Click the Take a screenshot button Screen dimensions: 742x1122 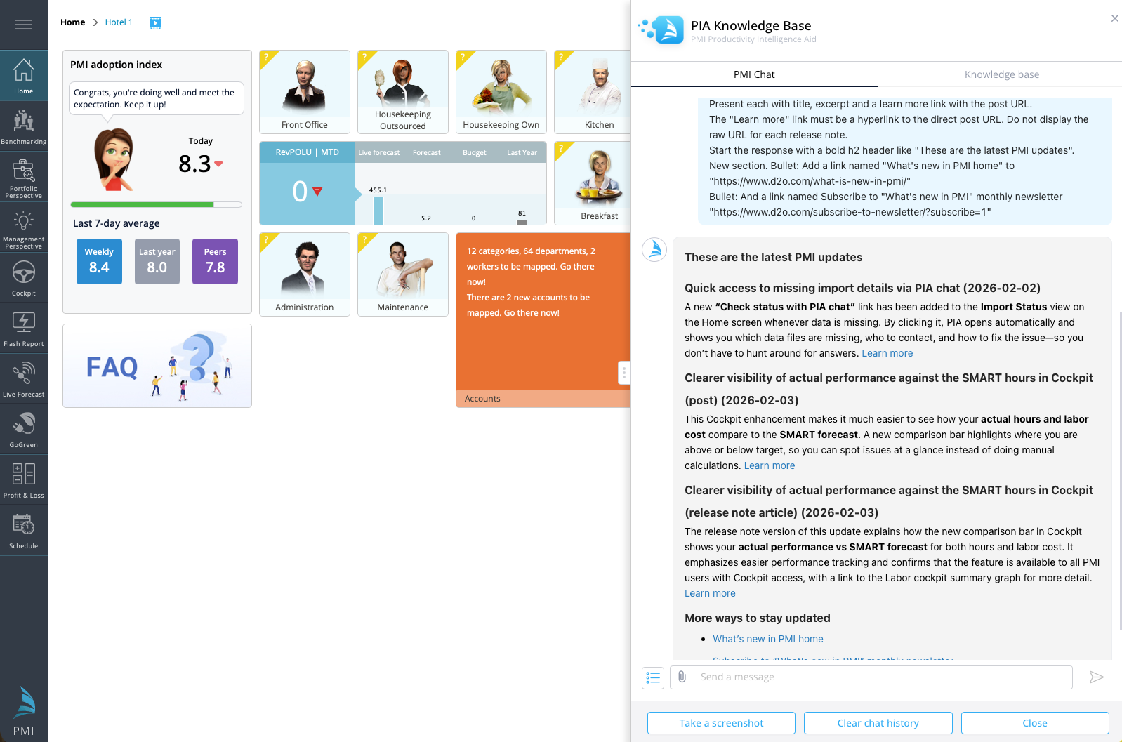coord(721,723)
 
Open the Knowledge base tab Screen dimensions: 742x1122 coord(1001,74)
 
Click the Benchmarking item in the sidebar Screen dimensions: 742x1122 coord(24,126)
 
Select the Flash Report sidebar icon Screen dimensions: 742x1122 coord(24,329)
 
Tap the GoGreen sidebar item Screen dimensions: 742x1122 coord(24,430)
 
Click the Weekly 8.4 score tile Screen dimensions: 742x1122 coord(99,261)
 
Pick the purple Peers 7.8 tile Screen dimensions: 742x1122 coord(215,261)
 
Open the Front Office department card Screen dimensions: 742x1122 coord(305,92)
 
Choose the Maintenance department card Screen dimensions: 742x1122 coord(402,274)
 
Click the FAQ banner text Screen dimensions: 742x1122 coord(112,367)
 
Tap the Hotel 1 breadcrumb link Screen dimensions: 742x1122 coord(119,22)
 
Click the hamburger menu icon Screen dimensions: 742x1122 coord(24,25)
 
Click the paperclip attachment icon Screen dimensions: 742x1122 coord(682,677)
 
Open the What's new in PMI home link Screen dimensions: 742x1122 coord(767,639)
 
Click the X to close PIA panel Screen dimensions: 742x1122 coord(1114,18)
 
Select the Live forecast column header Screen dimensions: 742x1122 coord(378,152)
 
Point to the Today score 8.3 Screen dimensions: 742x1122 coord(194,164)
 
